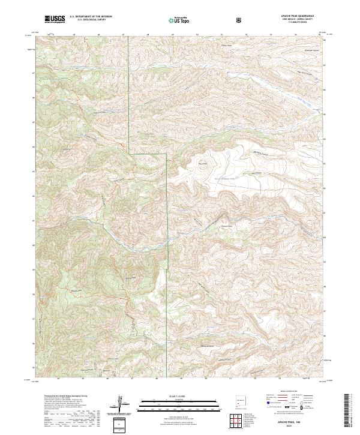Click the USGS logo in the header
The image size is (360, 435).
tap(55, 20)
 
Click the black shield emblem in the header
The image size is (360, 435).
tap(241, 20)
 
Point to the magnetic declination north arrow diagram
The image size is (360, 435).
tap(122, 405)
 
